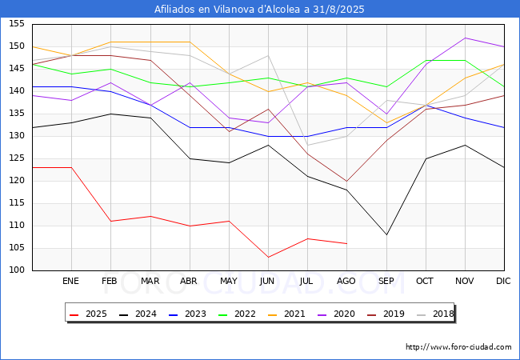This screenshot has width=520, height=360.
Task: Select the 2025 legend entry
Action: pyautogui.click(x=88, y=314)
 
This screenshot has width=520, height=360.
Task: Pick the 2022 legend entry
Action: pyautogui.click(x=237, y=314)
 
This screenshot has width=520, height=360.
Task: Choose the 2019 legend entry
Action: pyautogui.click(x=386, y=314)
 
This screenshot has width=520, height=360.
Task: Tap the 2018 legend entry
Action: pyautogui.click(x=435, y=314)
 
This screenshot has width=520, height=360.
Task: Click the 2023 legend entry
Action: pyautogui.click(x=187, y=314)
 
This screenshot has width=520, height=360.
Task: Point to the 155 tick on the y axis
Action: pyautogui.click(x=17, y=23)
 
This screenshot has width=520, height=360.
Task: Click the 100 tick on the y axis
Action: pyautogui.click(x=17, y=270)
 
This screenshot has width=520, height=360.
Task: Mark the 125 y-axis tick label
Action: pyautogui.click(x=17, y=158)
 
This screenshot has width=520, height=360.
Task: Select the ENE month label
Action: pyautogui.click(x=70, y=281)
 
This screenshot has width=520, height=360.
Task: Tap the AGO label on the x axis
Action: pyautogui.click(x=346, y=281)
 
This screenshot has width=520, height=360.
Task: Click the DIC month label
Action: pyautogui.click(x=503, y=281)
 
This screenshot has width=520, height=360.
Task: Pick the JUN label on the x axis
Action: pyautogui.click(x=267, y=281)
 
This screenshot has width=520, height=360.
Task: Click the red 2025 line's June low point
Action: pyautogui.click(x=268, y=258)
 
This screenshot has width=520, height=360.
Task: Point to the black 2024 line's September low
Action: pyautogui.click(x=386, y=234)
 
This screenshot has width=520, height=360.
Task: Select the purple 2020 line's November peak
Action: pyautogui.click(x=466, y=38)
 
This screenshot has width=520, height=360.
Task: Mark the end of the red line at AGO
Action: pyautogui.click(x=347, y=244)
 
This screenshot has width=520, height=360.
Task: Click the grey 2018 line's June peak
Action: pyautogui.click(x=268, y=56)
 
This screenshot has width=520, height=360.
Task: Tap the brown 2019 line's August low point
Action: pyautogui.click(x=347, y=181)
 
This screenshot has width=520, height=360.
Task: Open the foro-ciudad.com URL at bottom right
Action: pyautogui.click(x=458, y=347)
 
